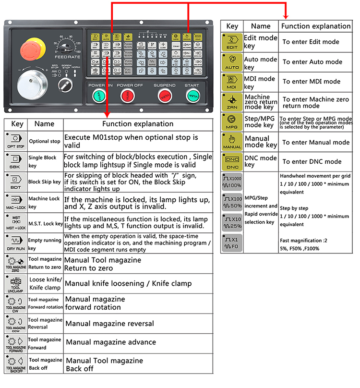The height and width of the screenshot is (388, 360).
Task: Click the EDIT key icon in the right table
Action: tap(232, 41)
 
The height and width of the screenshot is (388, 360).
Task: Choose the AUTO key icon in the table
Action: tap(232, 61)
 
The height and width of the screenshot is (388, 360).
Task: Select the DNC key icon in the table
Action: tap(232, 161)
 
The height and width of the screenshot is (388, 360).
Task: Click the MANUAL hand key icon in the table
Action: tap(232, 142)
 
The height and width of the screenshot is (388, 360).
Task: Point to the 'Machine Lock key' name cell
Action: tap(44, 203)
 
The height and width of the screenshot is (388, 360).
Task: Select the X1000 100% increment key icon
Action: tap(232, 182)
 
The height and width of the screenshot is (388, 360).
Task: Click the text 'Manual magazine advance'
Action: tap(111, 342)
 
